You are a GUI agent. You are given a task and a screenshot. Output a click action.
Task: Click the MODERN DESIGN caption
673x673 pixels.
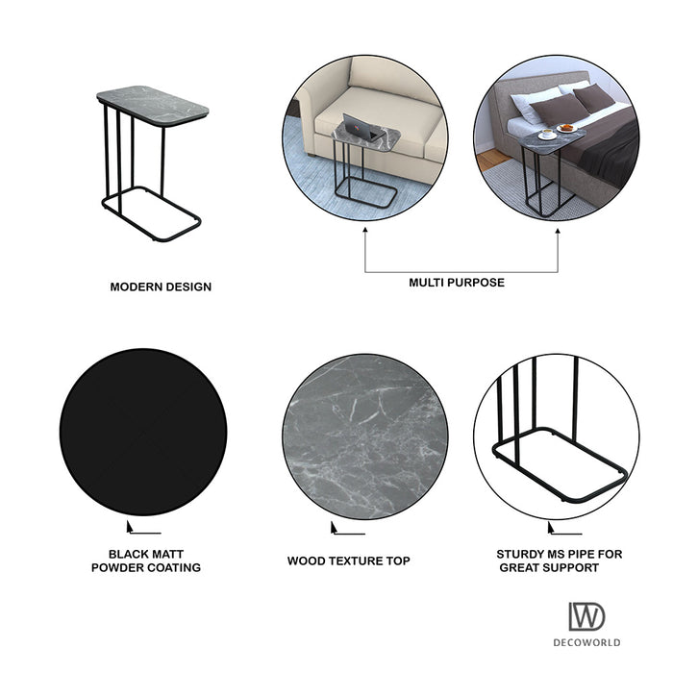[161, 287]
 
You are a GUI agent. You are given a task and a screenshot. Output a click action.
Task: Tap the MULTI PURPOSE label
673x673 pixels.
[457, 283]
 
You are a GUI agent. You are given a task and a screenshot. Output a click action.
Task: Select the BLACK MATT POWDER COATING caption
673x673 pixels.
[146, 561]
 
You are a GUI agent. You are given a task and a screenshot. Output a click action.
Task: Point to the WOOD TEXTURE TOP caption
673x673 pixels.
[348, 561]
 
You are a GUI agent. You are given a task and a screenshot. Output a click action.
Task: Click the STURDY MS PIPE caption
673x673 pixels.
[560, 561]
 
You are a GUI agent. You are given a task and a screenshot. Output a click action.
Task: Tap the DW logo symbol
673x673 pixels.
[586, 616]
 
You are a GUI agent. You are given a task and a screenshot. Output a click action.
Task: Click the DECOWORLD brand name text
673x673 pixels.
[586, 642]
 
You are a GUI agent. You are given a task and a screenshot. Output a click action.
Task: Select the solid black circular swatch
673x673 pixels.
[143, 432]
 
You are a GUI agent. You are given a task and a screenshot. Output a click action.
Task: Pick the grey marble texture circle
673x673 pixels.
[365, 436]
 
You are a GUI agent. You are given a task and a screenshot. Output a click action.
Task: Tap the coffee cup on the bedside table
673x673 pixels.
[547, 134]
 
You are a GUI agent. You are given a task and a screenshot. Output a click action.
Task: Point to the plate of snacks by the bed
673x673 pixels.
[566, 128]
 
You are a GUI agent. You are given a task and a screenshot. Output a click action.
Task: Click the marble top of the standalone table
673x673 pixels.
[152, 106]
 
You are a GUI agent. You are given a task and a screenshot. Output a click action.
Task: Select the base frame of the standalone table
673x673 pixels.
[152, 213]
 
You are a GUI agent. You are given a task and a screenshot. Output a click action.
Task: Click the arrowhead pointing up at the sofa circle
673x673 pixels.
[365, 231]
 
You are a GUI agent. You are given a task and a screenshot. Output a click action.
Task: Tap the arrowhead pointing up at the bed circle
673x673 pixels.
[558, 232]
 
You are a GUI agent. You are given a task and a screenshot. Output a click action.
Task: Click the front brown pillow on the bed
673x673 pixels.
[559, 108]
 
